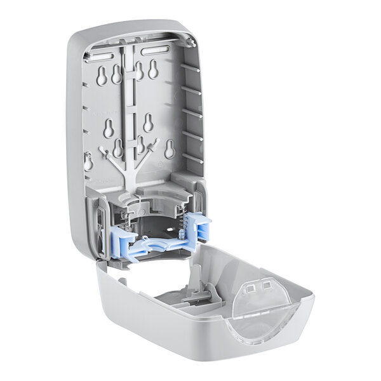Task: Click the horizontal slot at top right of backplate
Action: point(159,50)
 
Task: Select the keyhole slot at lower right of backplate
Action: point(170,149)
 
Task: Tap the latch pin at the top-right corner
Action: point(189,42)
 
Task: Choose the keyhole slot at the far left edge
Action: point(88,161)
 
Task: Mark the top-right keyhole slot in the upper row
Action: point(152,71)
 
